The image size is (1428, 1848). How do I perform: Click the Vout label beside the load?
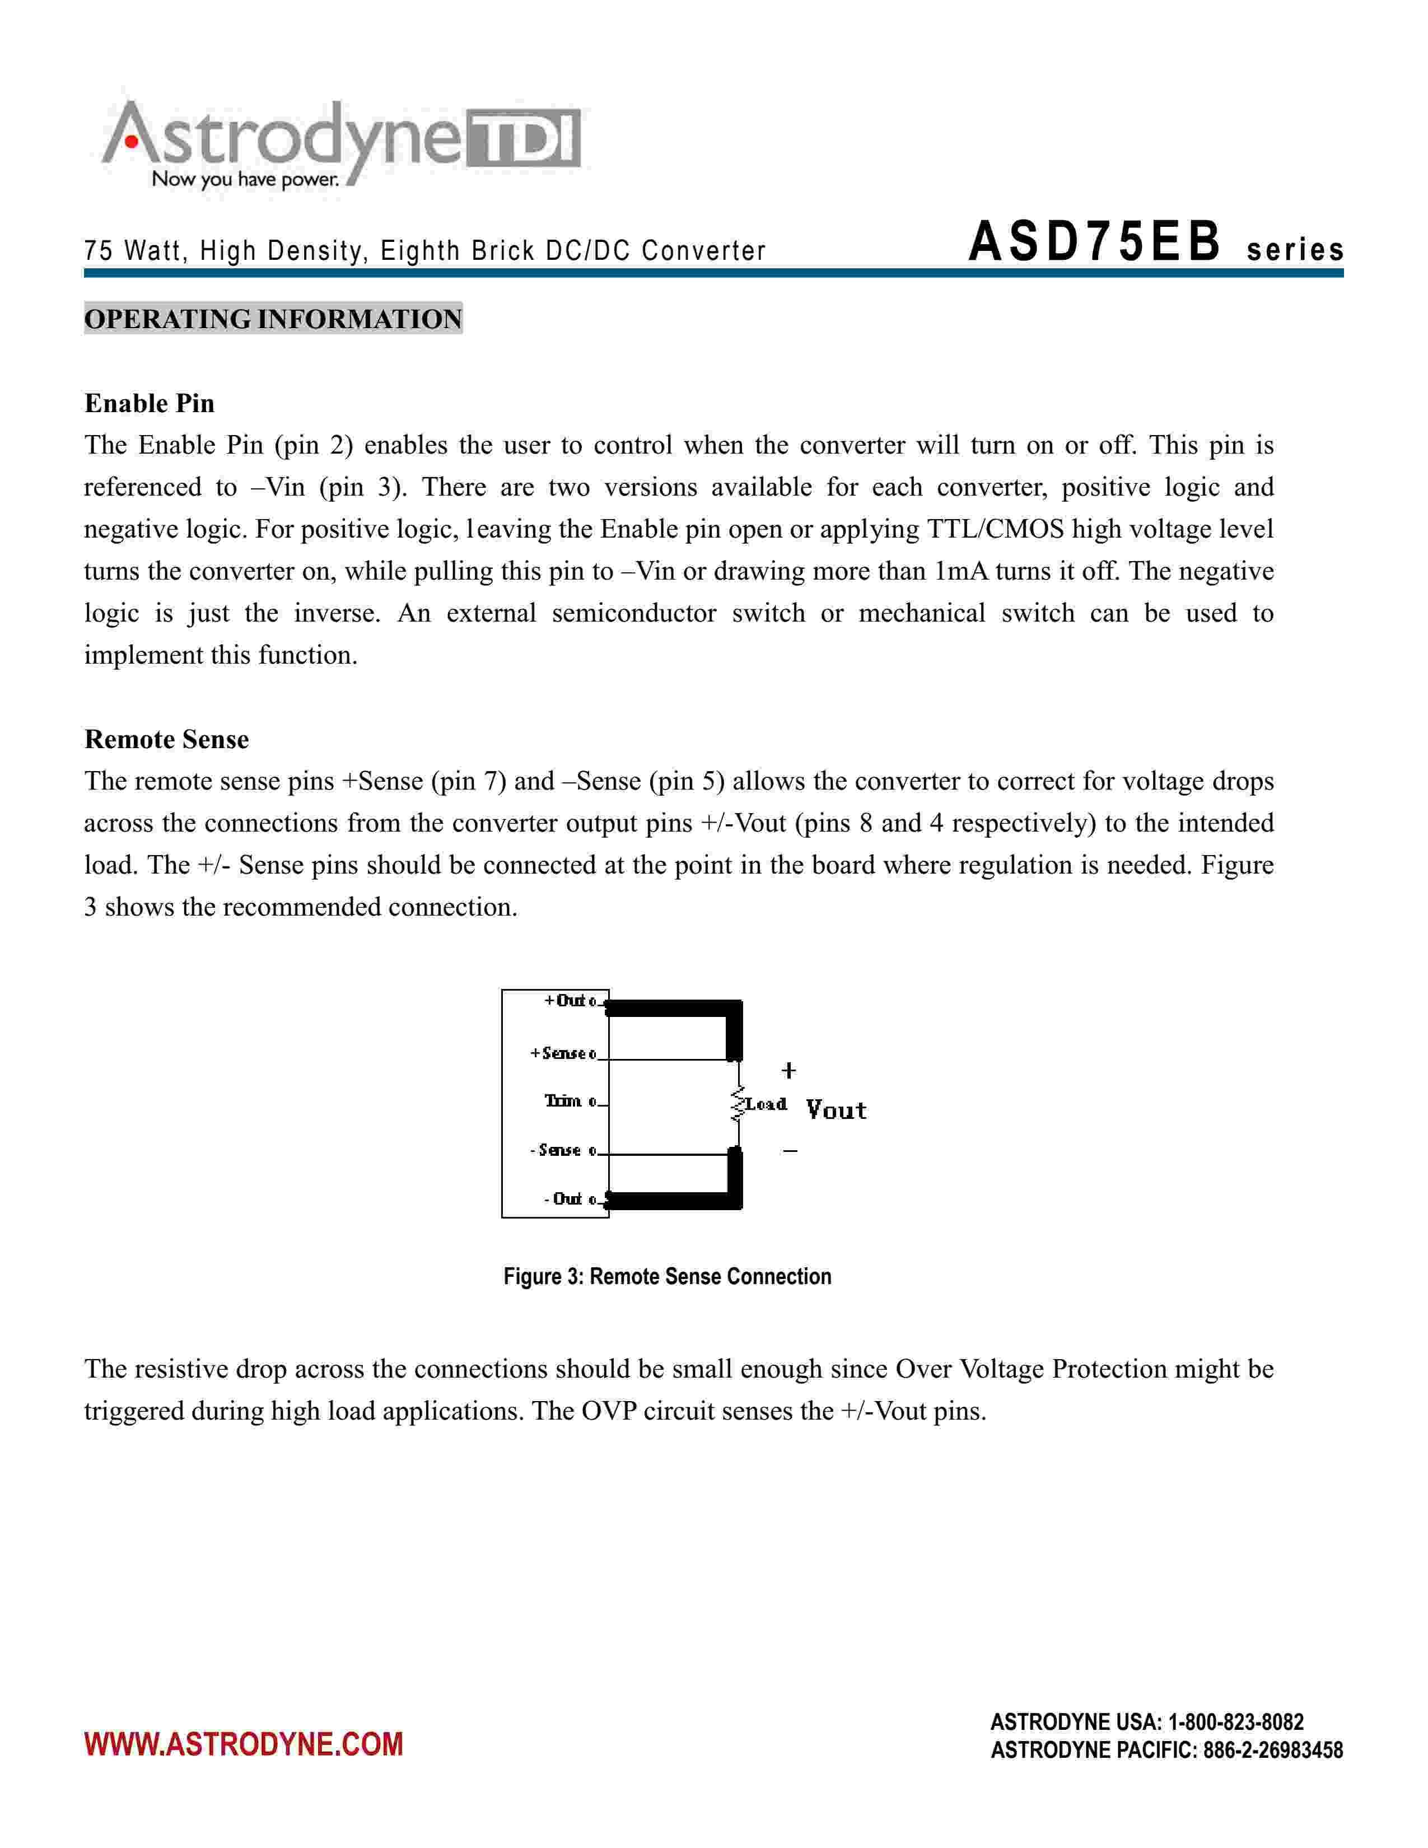click(x=836, y=1110)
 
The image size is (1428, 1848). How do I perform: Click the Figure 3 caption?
click(x=668, y=1276)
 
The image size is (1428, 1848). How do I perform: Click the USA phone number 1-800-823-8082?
click(x=1235, y=1722)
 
